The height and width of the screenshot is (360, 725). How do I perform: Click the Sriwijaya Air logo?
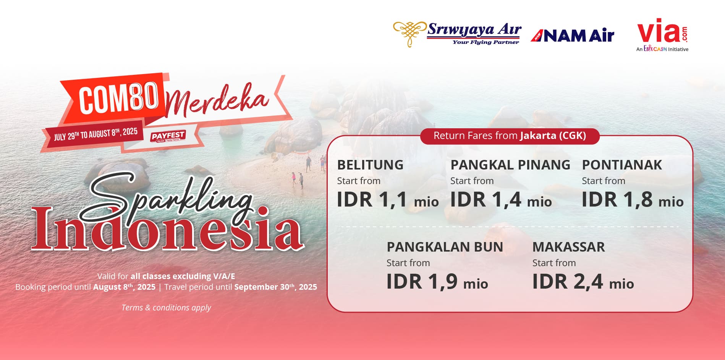tap(457, 34)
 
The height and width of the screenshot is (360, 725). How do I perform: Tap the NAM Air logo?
tap(572, 36)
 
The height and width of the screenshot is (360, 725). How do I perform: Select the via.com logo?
tap(662, 35)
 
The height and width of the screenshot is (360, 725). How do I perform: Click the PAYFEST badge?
tap(168, 136)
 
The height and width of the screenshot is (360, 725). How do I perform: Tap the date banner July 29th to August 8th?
tap(95, 134)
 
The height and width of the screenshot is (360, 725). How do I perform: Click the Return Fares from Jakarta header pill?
tap(510, 136)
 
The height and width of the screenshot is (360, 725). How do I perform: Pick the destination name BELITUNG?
tap(370, 165)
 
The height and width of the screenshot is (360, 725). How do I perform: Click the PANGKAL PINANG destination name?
tap(510, 165)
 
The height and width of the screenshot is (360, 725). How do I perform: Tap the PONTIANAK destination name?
tap(622, 165)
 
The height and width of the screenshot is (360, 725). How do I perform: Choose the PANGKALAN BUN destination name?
tap(445, 247)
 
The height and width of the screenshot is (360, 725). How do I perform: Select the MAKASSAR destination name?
tap(569, 247)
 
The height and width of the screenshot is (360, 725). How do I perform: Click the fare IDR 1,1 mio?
tap(388, 200)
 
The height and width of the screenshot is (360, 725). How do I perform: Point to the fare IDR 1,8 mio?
tap(633, 200)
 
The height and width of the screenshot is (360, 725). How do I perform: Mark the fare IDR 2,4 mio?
tap(583, 282)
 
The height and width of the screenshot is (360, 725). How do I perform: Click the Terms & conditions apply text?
tap(166, 308)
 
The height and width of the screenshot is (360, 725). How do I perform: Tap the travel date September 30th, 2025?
tap(276, 287)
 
